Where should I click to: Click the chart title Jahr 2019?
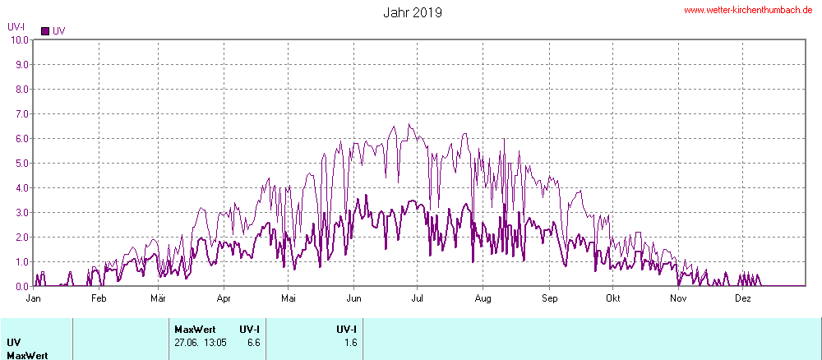(413, 12)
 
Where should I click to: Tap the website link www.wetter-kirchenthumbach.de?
(748, 10)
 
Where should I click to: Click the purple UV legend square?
(45, 31)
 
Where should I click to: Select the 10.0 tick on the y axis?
(18, 39)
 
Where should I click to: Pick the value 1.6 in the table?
(351, 342)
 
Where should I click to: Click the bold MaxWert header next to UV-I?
(195, 330)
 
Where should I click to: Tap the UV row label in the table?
(14, 342)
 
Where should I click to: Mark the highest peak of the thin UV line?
(409, 125)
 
